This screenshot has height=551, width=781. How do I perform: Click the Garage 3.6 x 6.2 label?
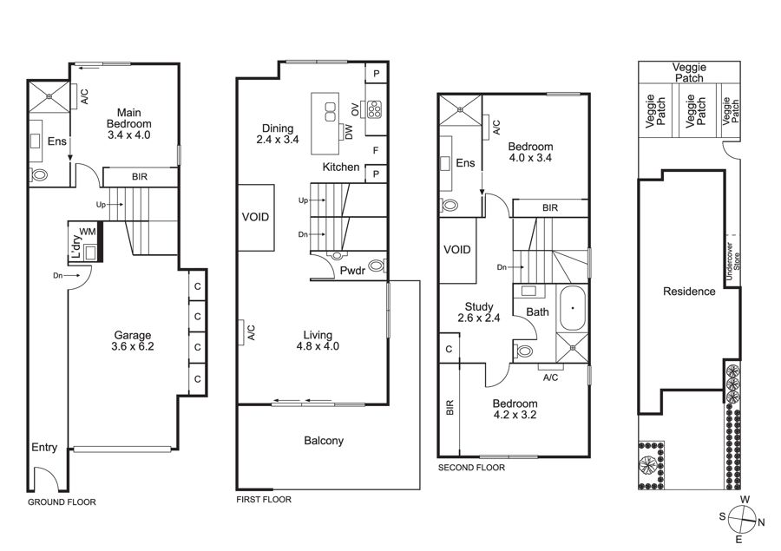tap(133, 341)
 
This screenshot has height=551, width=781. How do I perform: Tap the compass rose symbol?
tap(742, 519)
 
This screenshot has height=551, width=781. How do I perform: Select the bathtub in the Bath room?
tap(573, 308)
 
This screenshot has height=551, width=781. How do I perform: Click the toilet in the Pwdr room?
tap(378, 266)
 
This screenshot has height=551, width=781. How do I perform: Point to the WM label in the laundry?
tap(88, 231)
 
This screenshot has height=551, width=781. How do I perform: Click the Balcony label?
tap(324, 441)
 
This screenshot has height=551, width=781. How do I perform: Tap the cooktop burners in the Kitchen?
tap(374, 109)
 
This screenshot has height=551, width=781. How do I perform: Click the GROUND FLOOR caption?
tap(62, 502)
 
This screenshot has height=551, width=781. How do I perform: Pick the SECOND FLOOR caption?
tap(471, 468)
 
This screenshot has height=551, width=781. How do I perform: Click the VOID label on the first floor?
tap(255, 217)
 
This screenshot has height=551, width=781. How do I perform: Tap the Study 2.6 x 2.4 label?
tap(479, 312)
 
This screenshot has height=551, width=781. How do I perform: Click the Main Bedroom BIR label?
tap(140, 177)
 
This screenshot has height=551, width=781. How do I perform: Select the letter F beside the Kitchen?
tap(376, 150)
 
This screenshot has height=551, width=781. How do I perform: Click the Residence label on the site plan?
tap(689, 292)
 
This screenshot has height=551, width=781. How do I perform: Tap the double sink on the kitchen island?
tap(331, 112)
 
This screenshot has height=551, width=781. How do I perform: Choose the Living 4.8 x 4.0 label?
tap(318, 341)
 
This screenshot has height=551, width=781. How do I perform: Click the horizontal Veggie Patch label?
tap(689, 73)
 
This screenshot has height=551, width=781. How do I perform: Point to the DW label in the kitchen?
tap(348, 132)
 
